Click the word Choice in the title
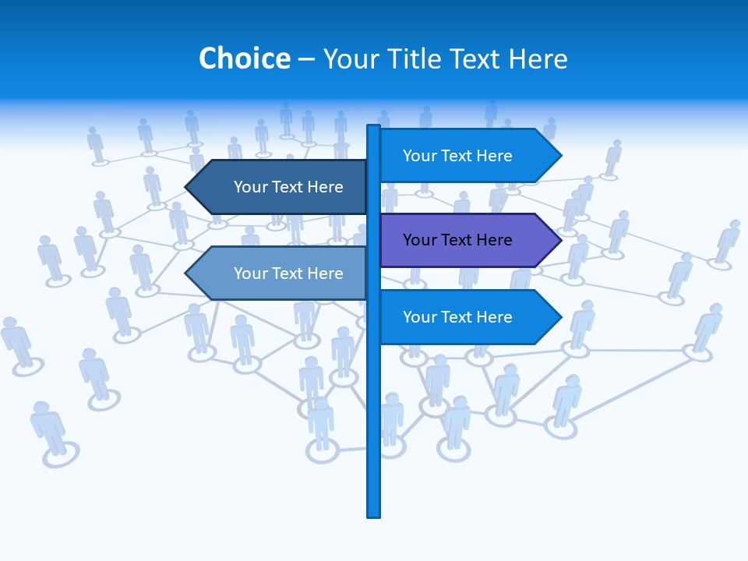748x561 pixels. [x=244, y=59]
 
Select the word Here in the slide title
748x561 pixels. [x=538, y=59]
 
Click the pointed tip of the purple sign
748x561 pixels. [x=559, y=240]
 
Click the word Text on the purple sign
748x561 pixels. [x=458, y=240]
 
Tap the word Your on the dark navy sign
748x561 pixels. [x=250, y=187]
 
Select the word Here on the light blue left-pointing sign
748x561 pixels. [x=324, y=273]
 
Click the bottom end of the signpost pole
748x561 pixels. [x=373, y=514]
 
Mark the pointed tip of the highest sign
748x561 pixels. [x=559, y=156]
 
